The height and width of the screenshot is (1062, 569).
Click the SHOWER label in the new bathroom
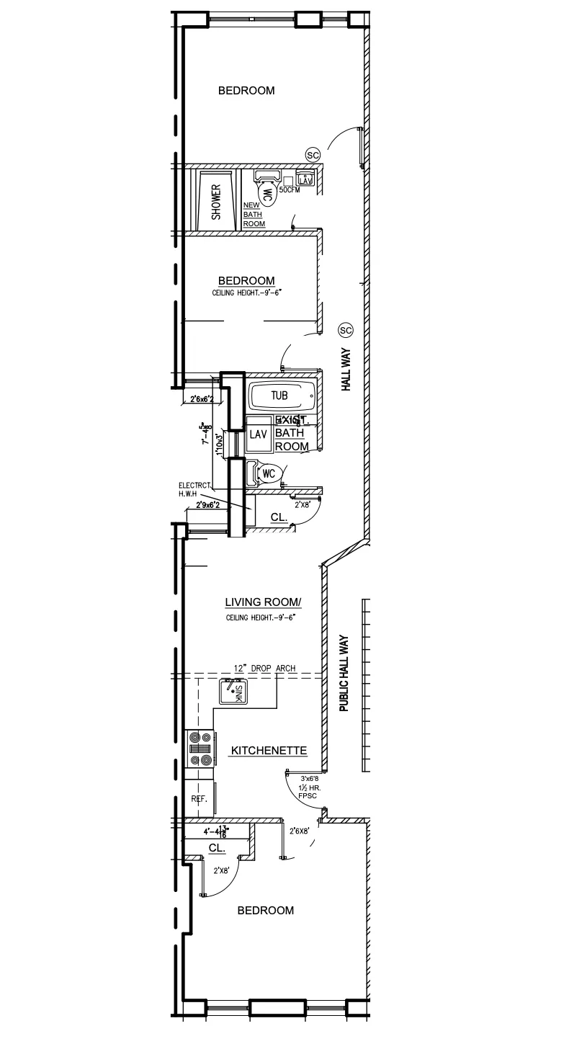[215, 202]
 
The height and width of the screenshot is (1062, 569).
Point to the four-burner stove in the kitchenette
[200, 749]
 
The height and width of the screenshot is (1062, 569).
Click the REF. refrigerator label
[199, 800]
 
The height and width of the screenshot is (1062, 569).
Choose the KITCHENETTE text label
[269, 751]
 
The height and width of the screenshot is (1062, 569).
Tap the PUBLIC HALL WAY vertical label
[344, 673]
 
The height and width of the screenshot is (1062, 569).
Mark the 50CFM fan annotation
[289, 189]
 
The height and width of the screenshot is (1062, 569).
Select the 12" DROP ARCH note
[264, 668]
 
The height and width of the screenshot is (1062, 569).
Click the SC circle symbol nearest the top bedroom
[313, 155]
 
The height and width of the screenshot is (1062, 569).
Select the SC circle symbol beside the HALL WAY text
[345, 330]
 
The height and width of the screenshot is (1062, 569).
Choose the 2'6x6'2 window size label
[204, 399]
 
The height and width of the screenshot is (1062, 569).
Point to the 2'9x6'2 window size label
[211, 506]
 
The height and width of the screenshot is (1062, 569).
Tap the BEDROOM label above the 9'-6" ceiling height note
[246, 280]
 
